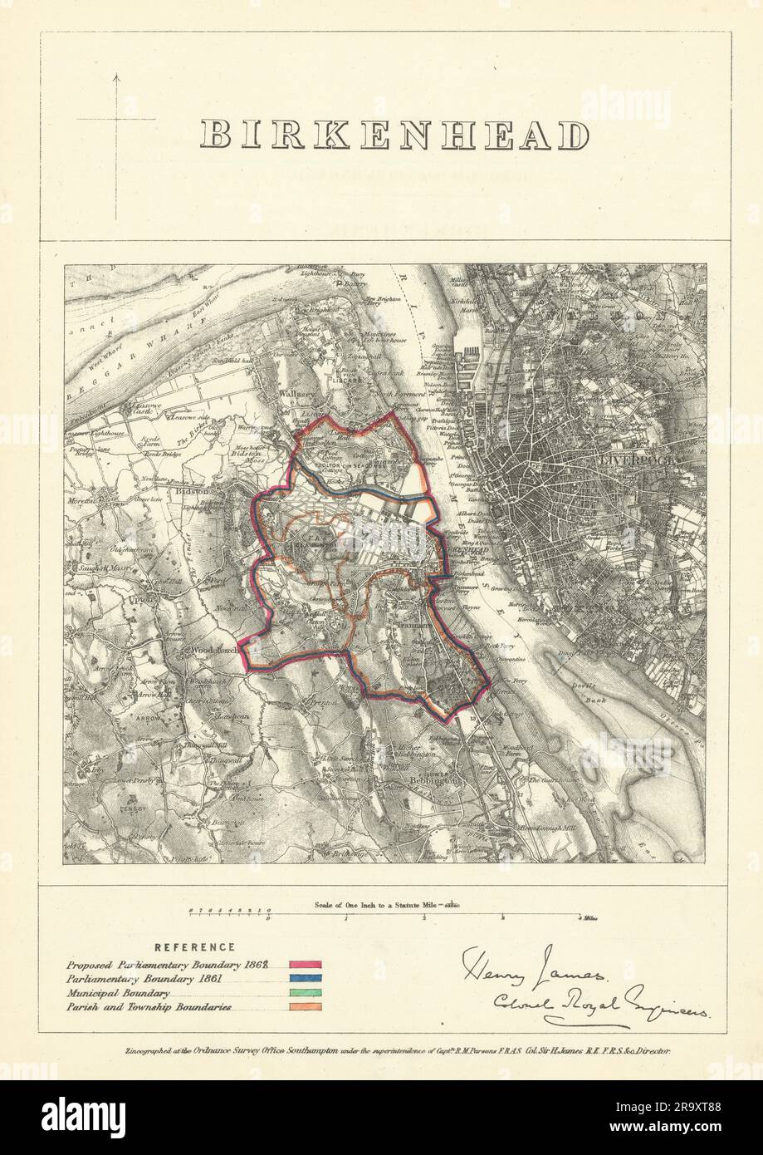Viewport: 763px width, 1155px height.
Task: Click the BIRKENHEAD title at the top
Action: pos(396,135)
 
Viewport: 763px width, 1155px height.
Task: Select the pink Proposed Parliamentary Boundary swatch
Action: pos(303,964)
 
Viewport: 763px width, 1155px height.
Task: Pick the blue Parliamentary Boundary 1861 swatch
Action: pos(303,979)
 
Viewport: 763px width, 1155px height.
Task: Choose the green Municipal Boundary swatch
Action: pos(303,993)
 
